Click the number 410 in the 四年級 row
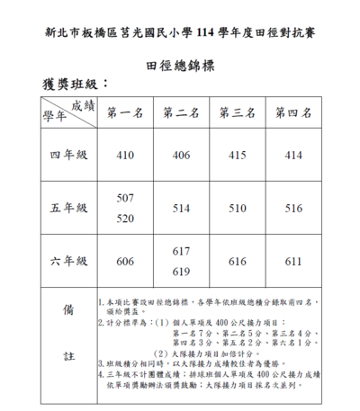point(125,156)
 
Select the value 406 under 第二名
point(181,156)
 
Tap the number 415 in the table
point(238,156)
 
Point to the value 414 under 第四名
point(293,156)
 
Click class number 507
point(125,197)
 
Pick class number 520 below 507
point(125,218)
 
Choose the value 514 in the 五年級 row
point(181,208)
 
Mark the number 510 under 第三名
point(238,208)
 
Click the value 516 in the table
point(293,208)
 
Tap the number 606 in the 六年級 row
point(125,261)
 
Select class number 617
point(181,251)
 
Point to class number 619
point(181,271)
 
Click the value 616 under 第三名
point(238,261)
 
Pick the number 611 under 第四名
point(293,261)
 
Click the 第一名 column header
point(125,113)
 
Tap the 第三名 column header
point(238,113)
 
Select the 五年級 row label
point(68,208)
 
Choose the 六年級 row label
point(68,261)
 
